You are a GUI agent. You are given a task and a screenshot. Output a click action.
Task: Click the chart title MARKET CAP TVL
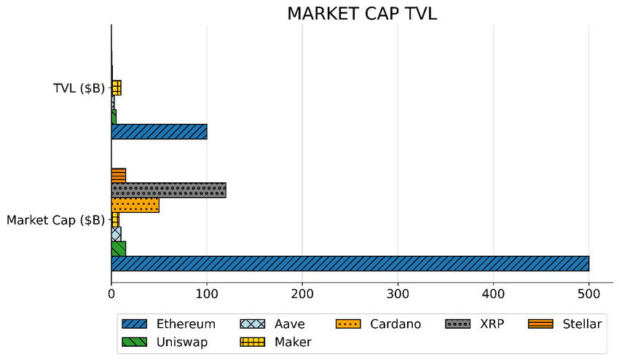coord(362,14)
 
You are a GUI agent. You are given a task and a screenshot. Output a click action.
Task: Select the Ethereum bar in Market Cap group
coord(350,263)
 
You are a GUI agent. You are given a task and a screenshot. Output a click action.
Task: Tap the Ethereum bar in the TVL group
coord(159,132)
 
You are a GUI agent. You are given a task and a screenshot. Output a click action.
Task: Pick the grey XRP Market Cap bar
coord(168,190)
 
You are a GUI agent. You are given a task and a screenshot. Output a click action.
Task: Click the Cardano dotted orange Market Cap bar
coord(135,205)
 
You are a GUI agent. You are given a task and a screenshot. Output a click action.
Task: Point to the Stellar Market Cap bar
coord(118,176)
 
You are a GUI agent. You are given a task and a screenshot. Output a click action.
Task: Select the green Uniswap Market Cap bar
coord(118,249)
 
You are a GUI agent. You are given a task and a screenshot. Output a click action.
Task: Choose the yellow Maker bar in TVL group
coord(117,88)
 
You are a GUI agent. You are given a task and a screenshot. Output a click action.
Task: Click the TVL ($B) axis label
coord(79,89)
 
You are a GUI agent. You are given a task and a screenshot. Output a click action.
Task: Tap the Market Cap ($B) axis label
coord(55,220)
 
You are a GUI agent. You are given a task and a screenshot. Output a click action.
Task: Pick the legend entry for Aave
coord(289,324)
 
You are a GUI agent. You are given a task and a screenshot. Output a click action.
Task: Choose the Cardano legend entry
coord(395,324)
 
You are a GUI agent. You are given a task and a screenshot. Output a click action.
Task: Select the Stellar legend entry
coord(582,324)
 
